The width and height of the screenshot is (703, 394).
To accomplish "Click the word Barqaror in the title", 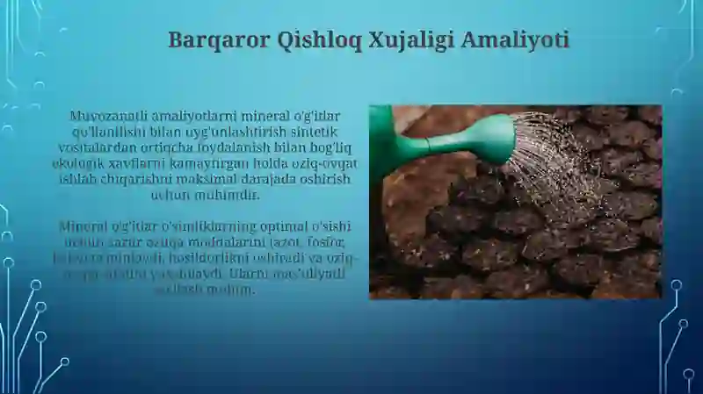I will (206, 40).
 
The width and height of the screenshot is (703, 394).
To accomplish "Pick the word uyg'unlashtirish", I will (228, 132).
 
